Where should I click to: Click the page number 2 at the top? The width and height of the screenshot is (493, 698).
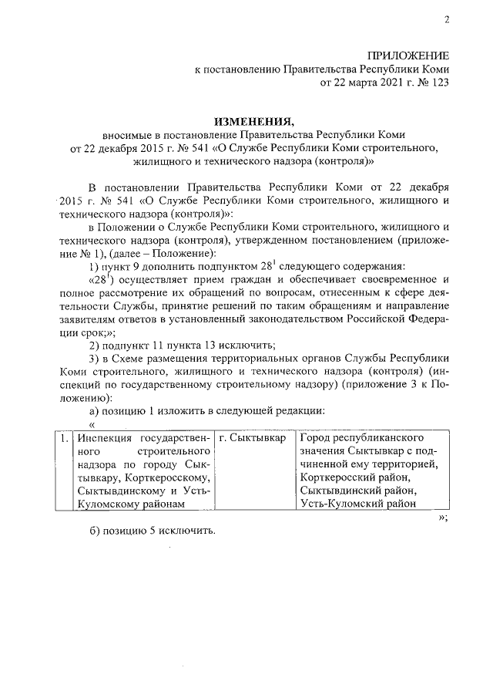[x=445, y=20]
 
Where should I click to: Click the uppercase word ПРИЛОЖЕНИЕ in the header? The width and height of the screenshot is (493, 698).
[x=407, y=56]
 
